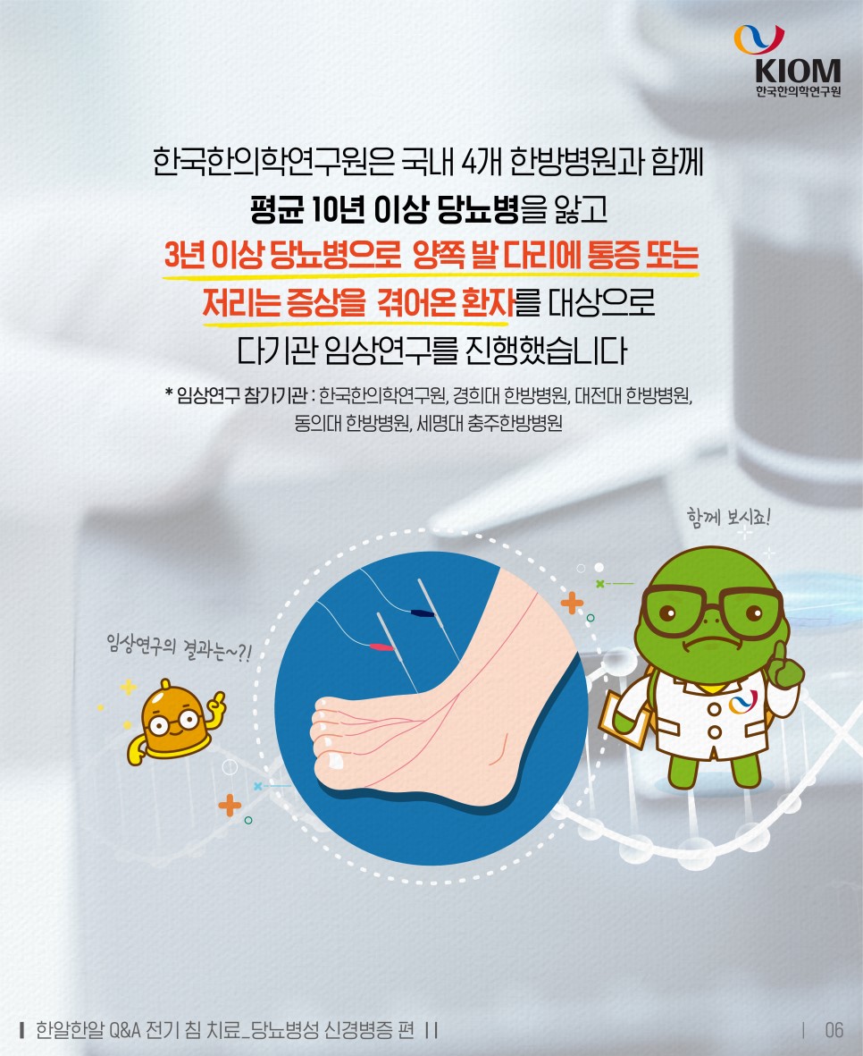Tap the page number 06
[834, 1030]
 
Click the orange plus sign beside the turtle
[572, 604]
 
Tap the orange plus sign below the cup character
[230, 807]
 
